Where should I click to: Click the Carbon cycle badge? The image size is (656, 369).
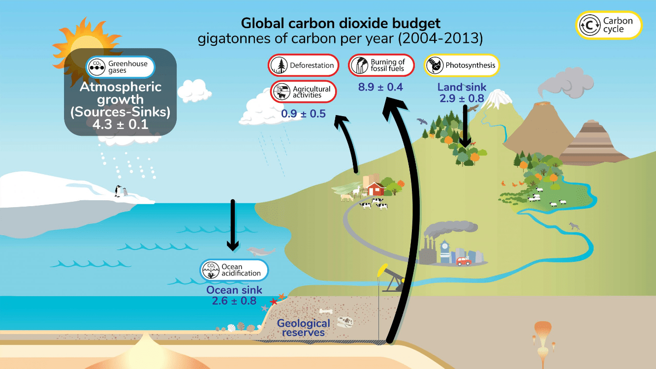tap(609, 25)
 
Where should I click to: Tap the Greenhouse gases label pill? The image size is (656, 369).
tap(121, 67)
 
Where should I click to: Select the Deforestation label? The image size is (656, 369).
tap(304, 65)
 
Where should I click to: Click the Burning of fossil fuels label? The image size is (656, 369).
tap(381, 65)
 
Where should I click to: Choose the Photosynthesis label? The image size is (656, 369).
tap(462, 65)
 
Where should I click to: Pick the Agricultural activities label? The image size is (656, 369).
tap(304, 92)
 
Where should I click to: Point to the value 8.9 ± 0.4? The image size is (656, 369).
tap(381, 87)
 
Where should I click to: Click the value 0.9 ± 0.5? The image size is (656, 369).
tap(304, 114)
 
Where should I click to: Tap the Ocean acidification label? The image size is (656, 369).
tap(234, 270)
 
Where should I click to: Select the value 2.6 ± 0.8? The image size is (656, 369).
tap(234, 301)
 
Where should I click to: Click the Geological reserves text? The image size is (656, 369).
tap(304, 328)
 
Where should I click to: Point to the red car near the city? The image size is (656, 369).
tap(464, 261)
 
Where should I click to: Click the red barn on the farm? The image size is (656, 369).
tap(375, 189)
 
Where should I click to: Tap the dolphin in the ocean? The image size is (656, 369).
tap(261, 251)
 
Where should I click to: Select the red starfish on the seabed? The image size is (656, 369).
tap(273, 302)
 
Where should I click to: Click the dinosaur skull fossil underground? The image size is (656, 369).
tap(345, 322)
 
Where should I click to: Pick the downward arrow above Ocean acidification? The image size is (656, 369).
tap(233, 225)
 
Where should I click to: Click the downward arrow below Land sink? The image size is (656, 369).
tap(465, 126)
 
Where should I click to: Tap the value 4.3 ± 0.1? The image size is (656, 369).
tap(121, 124)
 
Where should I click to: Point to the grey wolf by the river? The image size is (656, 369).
tap(574, 226)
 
